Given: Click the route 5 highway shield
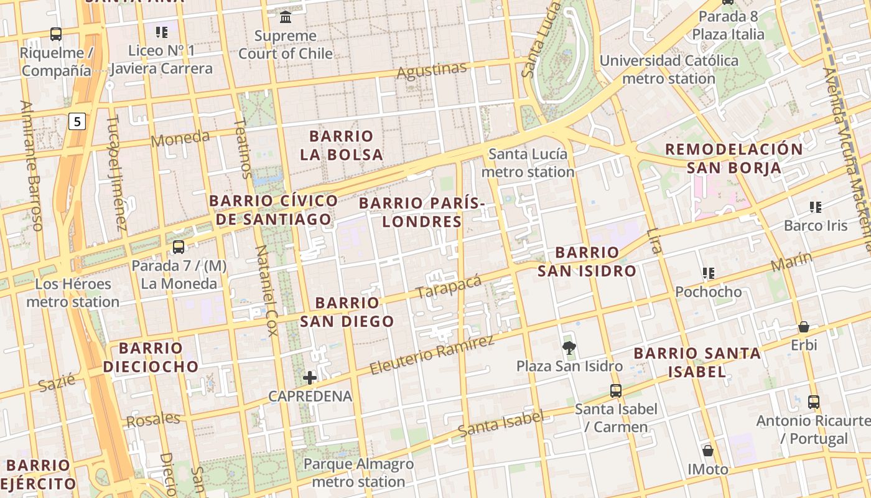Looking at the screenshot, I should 77,121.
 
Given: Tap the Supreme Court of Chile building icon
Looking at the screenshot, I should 286,16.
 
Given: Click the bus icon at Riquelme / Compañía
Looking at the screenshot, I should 56,34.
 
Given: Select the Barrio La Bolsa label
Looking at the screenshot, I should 341,145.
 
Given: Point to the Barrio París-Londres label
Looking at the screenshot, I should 422,212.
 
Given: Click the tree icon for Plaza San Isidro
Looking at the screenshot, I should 569,347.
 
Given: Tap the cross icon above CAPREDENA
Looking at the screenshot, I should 310,377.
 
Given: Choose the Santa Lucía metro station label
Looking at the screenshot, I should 528,163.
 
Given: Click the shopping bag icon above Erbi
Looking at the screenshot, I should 804,327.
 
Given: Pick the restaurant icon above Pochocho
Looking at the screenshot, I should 708,273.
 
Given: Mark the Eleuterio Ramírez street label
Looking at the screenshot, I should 432,355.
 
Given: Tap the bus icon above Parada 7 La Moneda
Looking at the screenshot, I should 179,247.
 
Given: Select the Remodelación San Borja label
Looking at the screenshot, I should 734,158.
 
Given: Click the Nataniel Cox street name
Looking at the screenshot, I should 266,290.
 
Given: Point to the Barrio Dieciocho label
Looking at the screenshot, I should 151,357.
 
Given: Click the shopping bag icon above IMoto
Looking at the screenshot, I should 707,451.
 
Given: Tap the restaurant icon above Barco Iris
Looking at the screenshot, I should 816,207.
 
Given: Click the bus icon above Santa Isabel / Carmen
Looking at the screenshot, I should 616,391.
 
